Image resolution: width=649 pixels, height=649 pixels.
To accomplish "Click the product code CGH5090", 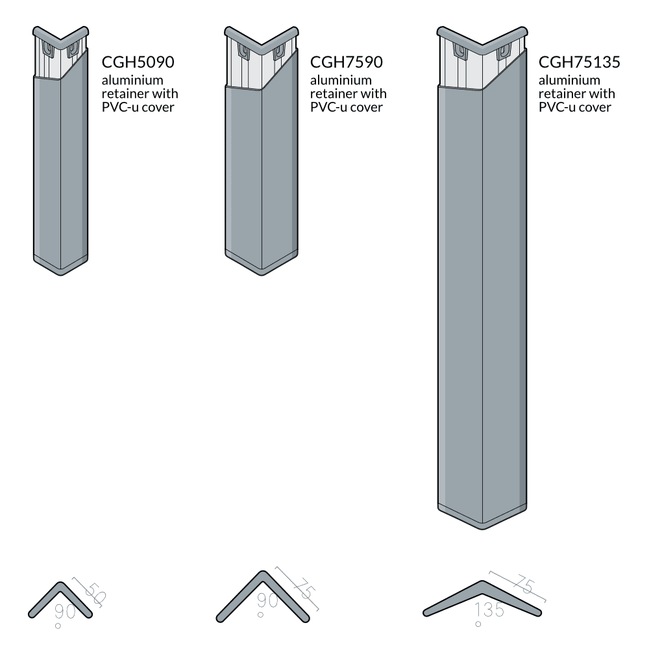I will coord(139,63).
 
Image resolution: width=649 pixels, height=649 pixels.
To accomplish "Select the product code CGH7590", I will coord(347,63).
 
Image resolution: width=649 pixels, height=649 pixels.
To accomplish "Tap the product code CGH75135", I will coord(580,63).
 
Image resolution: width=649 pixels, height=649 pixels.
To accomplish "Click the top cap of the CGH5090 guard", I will coord(60,35).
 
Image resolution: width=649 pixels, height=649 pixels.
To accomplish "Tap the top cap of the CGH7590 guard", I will coord(262,36).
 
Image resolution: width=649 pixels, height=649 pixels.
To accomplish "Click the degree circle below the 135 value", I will coord(478,624).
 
